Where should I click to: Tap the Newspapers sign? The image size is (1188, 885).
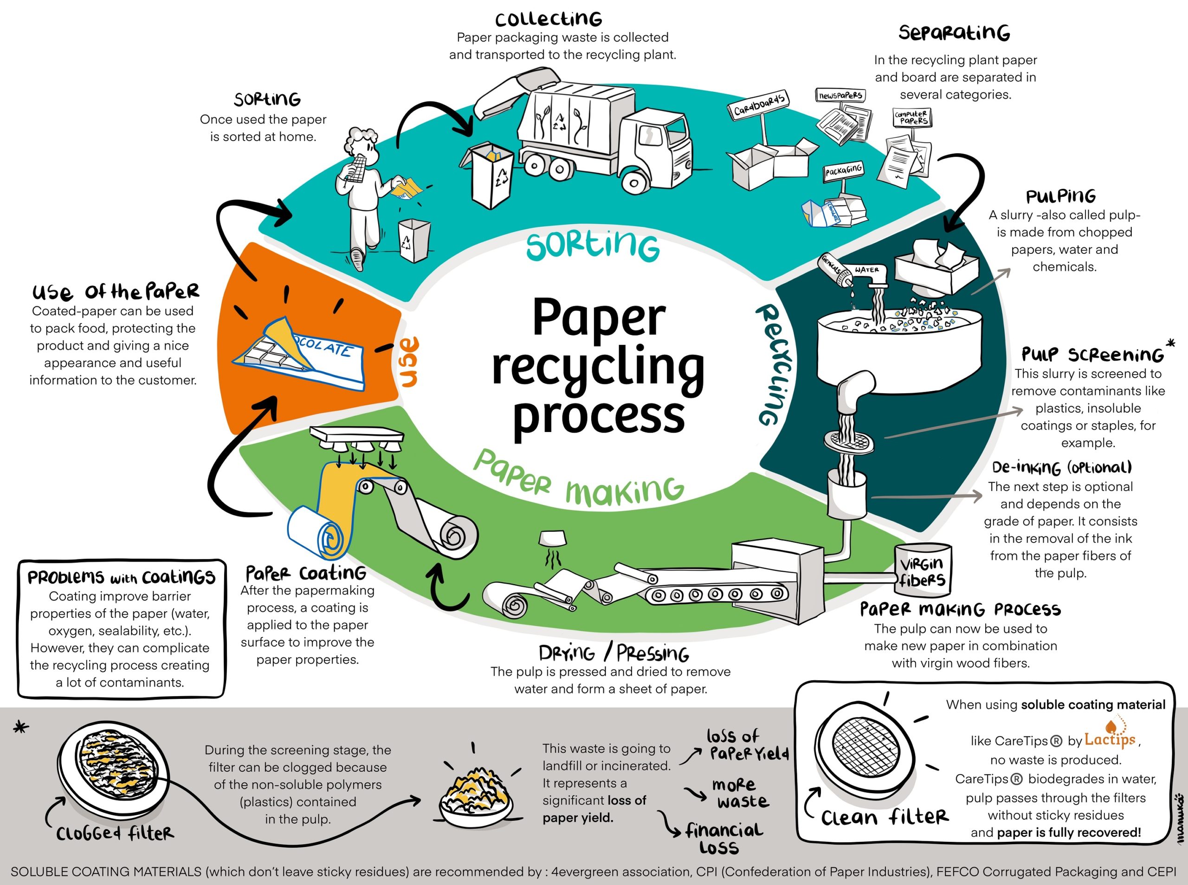[x=840, y=95]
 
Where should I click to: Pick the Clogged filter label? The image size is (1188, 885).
[x=115, y=833]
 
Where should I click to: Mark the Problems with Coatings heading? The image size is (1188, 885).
[x=121, y=577]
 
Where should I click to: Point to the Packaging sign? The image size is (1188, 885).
[x=843, y=171]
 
